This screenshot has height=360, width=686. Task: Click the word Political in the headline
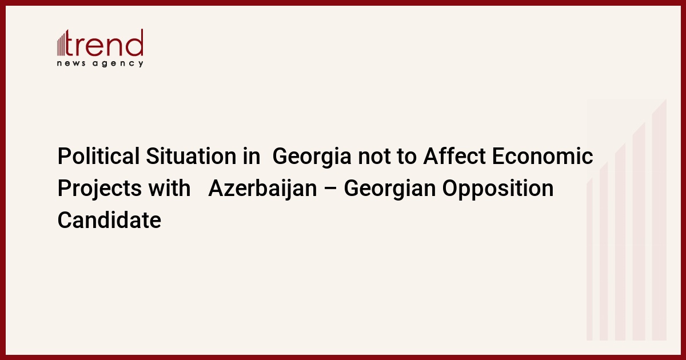[x=98, y=156]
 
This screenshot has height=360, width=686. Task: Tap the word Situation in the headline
[x=191, y=156]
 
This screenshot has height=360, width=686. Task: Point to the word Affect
[x=454, y=156]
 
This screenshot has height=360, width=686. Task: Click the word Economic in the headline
[x=543, y=156]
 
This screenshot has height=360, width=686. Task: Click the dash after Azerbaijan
[x=330, y=189]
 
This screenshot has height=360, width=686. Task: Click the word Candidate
[x=109, y=220]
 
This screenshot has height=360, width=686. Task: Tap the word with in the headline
[x=169, y=188]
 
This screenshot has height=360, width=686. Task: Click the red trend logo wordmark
[x=104, y=43]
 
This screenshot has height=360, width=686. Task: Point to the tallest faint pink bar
[x=659, y=219]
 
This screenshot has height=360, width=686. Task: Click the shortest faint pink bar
[x=589, y=259]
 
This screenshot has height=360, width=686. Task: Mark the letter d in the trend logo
[x=135, y=42]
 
